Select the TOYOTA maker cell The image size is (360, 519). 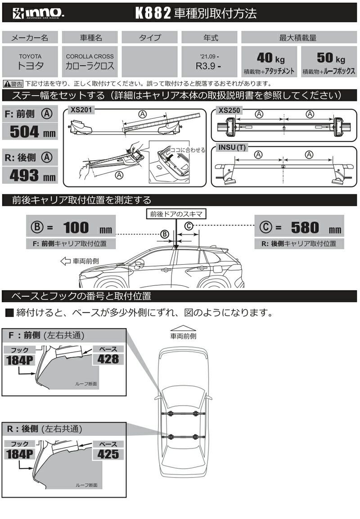30,61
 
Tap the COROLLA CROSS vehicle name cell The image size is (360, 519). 90,61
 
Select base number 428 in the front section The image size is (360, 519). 108,358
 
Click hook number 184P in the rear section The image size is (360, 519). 20,454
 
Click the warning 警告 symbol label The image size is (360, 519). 13,84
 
